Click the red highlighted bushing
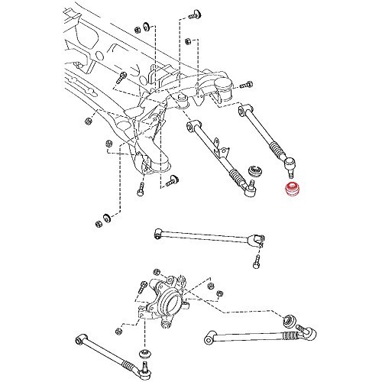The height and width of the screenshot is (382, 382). (x=290, y=189)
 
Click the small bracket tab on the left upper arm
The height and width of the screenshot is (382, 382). (x=220, y=143)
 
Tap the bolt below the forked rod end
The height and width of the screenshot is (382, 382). (x=256, y=264)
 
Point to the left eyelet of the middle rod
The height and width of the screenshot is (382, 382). (x=157, y=231)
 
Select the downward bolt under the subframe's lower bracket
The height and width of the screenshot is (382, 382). (x=141, y=191)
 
